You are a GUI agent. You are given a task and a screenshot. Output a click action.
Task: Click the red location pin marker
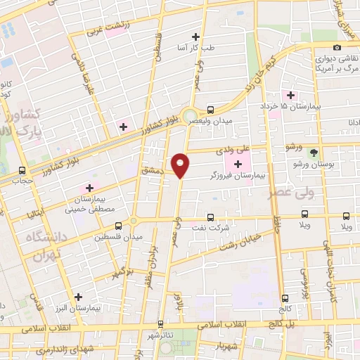click(181, 165)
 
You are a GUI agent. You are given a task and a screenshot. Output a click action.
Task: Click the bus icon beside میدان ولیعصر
click(210, 109)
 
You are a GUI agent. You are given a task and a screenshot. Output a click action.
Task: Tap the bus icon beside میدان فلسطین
click(118, 226)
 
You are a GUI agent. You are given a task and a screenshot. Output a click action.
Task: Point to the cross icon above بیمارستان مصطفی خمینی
click(89, 188)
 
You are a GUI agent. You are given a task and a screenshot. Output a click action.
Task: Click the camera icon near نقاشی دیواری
click(337, 47)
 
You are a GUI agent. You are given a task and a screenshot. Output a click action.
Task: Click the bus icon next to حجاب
click(23, 170)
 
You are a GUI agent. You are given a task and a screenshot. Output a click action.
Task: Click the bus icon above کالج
click(285, 298)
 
